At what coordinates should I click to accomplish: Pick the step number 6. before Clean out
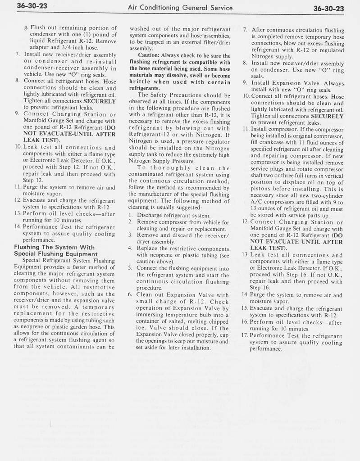(131, 295)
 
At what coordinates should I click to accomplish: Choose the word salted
(169, 321)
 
